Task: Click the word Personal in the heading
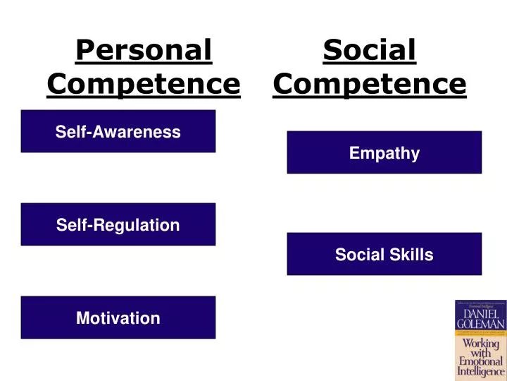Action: [x=144, y=50]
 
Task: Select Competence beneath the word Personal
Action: [x=144, y=84]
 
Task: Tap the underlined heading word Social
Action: [x=370, y=50]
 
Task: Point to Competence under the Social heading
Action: [x=370, y=84]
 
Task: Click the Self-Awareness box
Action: [x=118, y=131]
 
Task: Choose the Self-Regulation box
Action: [x=118, y=224]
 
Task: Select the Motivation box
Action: [x=118, y=317]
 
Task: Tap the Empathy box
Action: [x=384, y=152]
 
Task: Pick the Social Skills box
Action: [x=384, y=254]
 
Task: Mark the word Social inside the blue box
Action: [x=357, y=255]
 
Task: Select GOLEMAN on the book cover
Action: [x=480, y=324]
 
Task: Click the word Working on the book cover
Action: [x=480, y=343]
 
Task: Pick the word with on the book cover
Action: [x=480, y=352]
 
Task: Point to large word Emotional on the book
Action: [x=480, y=361]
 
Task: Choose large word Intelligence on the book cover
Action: [x=480, y=371]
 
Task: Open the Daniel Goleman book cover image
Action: [x=480, y=340]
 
